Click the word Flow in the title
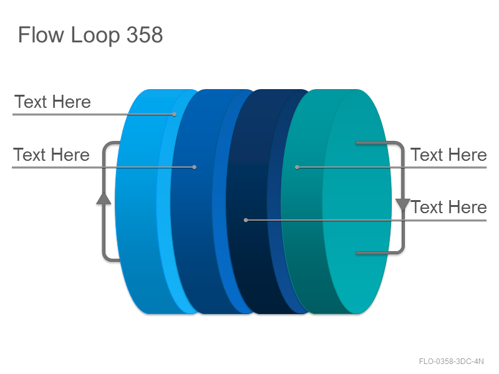41,34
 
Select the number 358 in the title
145,34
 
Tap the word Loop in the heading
95,36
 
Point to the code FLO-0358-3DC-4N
451,362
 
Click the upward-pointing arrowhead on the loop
104,198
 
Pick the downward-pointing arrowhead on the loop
402,204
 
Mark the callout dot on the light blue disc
175,114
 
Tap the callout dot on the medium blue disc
195,167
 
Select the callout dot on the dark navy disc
246,220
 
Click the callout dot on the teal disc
297,167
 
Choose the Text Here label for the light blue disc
52,102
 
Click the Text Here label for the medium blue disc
51,155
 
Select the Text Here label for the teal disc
448,155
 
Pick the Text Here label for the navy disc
448,207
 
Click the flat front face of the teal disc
357,201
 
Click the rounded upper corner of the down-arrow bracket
400,145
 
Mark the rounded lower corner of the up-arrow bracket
106,257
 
